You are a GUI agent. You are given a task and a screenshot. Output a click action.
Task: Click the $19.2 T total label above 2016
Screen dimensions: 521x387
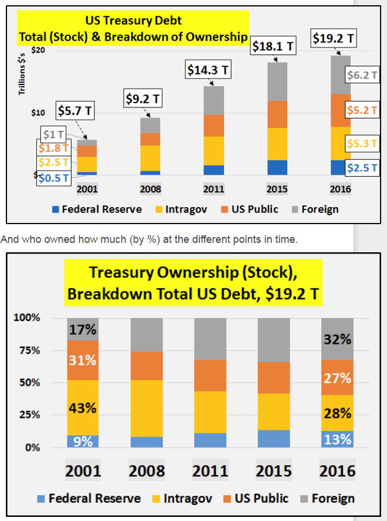pyautogui.click(x=333, y=39)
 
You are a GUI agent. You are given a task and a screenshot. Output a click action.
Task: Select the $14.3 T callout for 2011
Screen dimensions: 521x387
pyautogui.click(x=208, y=70)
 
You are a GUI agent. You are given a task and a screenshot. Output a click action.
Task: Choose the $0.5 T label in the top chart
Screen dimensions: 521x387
pyautogui.click(x=54, y=178)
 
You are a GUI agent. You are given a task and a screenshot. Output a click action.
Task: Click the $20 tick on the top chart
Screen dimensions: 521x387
pyautogui.click(x=38, y=50)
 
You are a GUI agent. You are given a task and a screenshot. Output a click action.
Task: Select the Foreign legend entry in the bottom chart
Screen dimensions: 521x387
pyautogui.click(x=326, y=499)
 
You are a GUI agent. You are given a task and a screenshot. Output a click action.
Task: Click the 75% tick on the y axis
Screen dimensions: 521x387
pyautogui.click(x=27, y=350)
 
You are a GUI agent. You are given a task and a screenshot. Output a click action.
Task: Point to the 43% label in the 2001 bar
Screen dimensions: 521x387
pyautogui.click(x=83, y=408)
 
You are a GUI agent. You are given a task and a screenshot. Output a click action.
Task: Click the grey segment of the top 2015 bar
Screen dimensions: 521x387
pyautogui.click(x=277, y=82)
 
